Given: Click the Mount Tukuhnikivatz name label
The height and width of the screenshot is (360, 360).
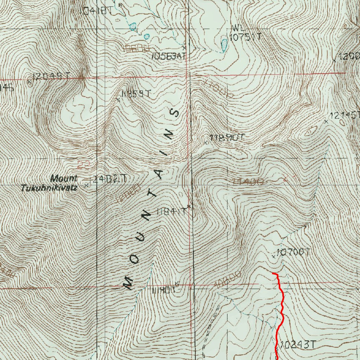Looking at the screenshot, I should pyautogui.click(x=49, y=183).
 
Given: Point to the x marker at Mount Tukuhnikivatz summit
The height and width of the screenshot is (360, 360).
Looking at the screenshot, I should pyautogui.click(x=86, y=185).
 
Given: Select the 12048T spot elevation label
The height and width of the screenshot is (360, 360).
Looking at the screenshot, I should pyautogui.click(x=51, y=76).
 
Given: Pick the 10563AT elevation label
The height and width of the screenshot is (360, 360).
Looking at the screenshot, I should pyautogui.click(x=168, y=56).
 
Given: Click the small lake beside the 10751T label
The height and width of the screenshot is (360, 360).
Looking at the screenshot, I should pyautogui.click(x=224, y=44).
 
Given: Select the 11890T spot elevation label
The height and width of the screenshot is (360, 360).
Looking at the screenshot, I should pyautogui.click(x=226, y=138).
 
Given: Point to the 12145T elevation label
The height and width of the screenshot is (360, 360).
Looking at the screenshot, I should pyautogui.click(x=345, y=115).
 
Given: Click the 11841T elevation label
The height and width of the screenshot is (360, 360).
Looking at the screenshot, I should pyautogui.click(x=171, y=212).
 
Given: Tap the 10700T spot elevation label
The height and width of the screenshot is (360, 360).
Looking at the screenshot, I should pyautogui.click(x=294, y=252).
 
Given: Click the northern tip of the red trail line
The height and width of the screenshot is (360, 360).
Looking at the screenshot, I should pyautogui.click(x=273, y=273).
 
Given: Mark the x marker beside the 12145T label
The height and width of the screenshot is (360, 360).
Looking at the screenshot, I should pyautogui.click(x=326, y=121).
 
